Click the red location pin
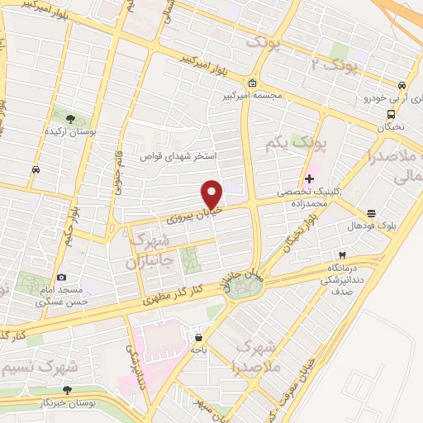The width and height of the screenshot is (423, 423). pyautogui.click(x=212, y=193)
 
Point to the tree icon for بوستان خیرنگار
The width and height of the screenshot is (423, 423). pyautogui.click(x=67, y=390)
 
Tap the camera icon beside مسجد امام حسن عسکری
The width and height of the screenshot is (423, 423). pyautogui.click(x=61, y=278)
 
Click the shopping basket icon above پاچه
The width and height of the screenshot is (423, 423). pyautogui.click(x=199, y=336)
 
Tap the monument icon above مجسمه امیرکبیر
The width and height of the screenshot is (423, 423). pyautogui.click(x=252, y=83)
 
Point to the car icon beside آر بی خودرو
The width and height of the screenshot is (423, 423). pyautogui.click(x=401, y=84)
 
